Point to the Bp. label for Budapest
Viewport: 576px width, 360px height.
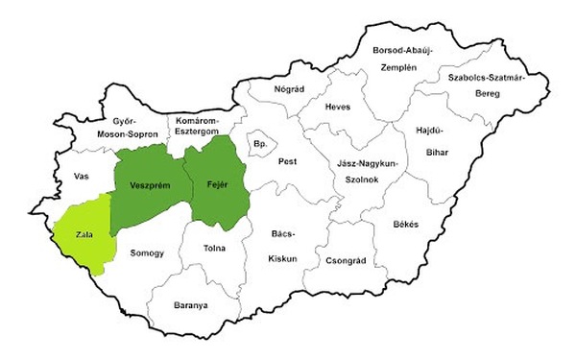tap(258, 143)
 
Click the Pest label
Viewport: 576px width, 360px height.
tap(288, 162)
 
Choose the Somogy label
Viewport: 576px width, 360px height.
tap(147, 252)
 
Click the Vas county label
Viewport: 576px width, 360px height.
tap(81, 177)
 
